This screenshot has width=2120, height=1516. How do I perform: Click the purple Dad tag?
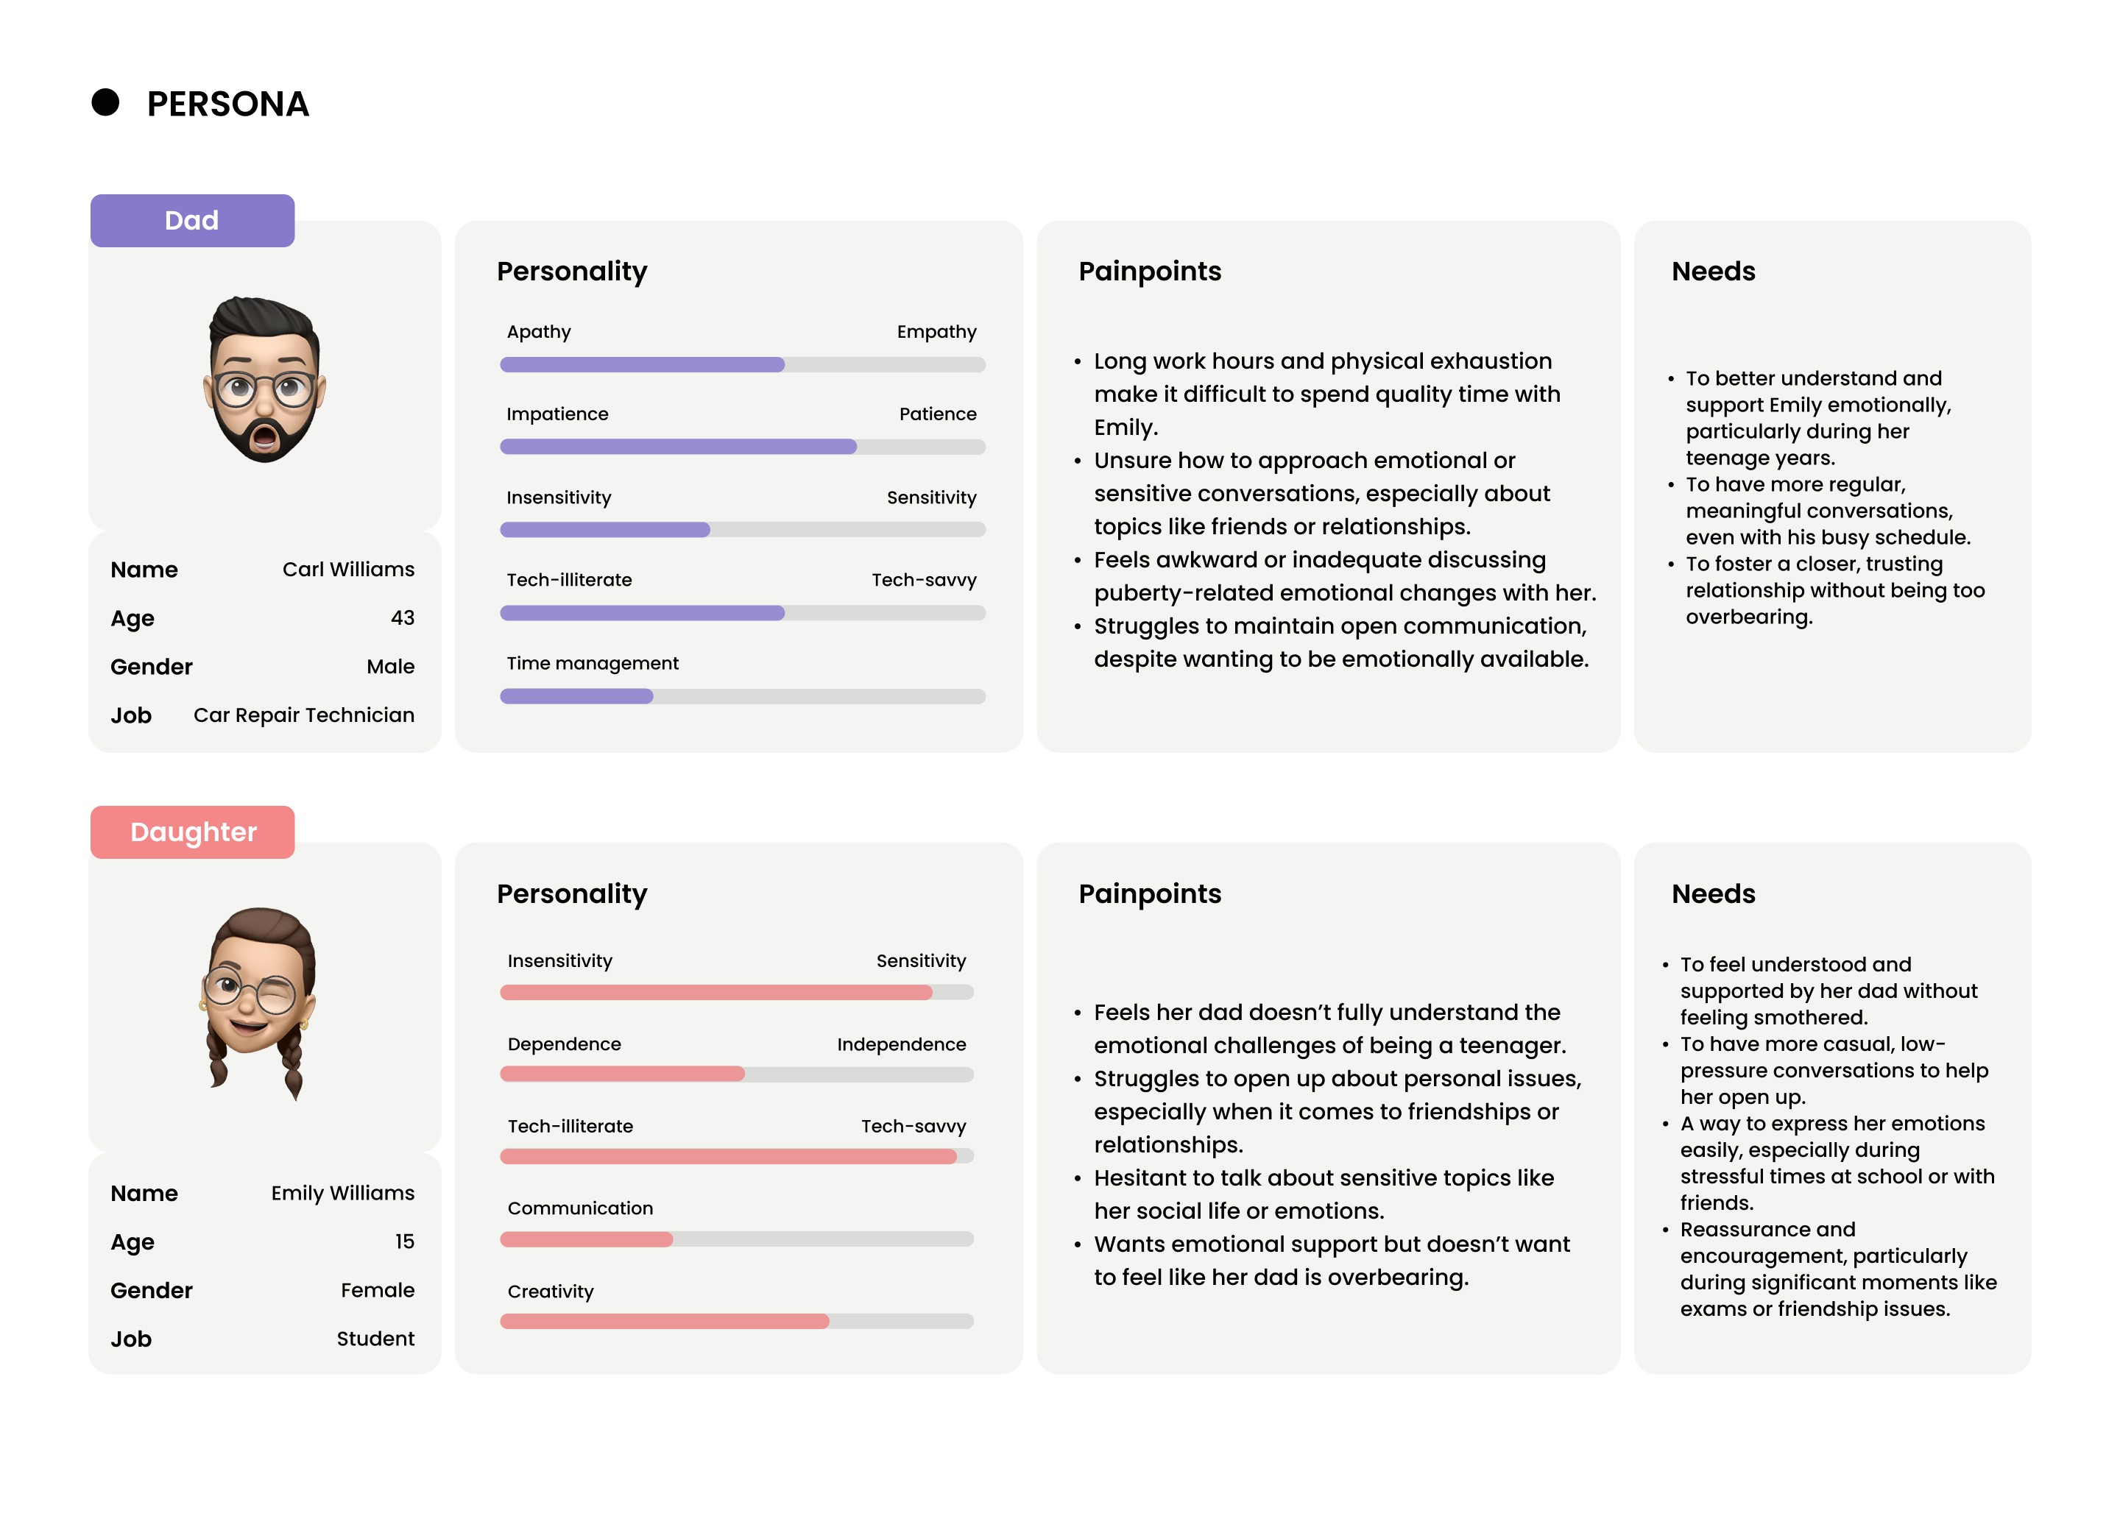click(x=192, y=220)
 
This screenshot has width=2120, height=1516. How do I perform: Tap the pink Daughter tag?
click(x=192, y=832)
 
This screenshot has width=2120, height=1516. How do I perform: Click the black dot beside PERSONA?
click(x=105, y=103)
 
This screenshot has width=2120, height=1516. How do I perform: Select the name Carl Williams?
click(x=348, y=570)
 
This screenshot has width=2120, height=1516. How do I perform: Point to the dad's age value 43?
click(x=403, y=618)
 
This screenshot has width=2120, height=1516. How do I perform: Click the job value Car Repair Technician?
click(x=303, y=715)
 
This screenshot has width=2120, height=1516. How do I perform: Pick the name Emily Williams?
click(x=342, y=1193)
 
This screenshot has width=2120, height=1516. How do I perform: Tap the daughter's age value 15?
click(x=404, y=1242)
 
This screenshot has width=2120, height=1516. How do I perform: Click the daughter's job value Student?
click(x=375, y=1339)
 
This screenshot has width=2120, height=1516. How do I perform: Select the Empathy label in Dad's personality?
click(x=936, y=331)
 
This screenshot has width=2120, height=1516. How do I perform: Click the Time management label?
click(x=593, y=663)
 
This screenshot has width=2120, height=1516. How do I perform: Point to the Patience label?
click(x=937, y=414)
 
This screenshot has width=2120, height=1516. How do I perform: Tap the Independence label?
click(x=901, y=1044)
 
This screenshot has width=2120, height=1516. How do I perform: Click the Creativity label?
click(x=551, y=1291)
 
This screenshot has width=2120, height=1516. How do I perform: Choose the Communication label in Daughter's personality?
click(x=580, y=1208)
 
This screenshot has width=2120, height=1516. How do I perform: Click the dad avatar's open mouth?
click(x=265, y=436)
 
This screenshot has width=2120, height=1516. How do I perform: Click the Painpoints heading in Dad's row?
click(x=1149, y=271)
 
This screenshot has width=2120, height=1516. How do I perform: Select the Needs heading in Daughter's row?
click(x=1713, y=893)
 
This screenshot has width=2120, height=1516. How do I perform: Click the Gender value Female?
click(x=377, y=1290)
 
